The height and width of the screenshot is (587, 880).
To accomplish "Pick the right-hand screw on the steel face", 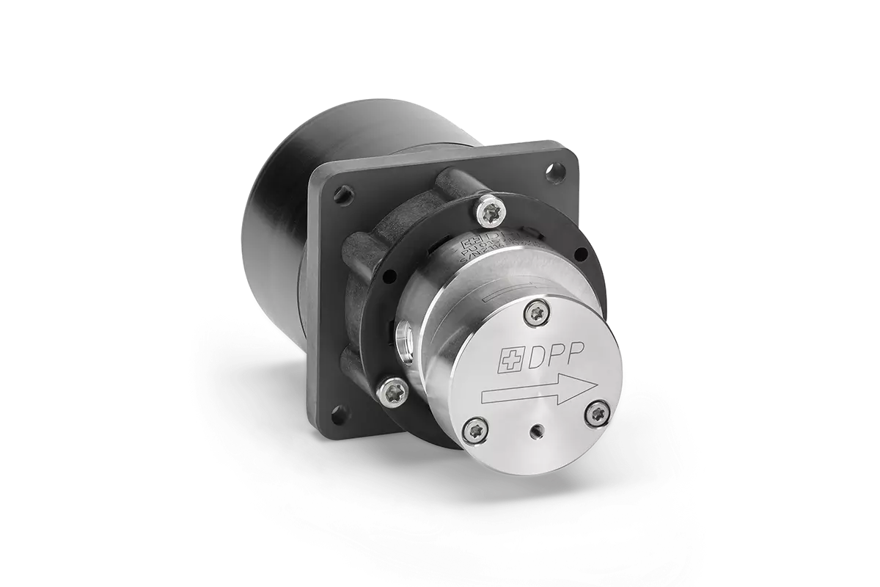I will pyautogui.click(x=598, y=415).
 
